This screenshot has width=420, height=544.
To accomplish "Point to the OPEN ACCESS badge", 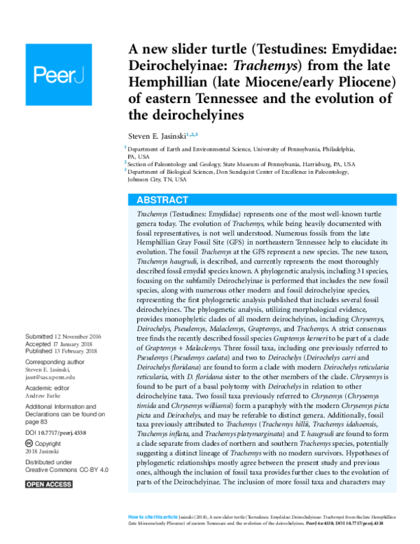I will tap(49, 484).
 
